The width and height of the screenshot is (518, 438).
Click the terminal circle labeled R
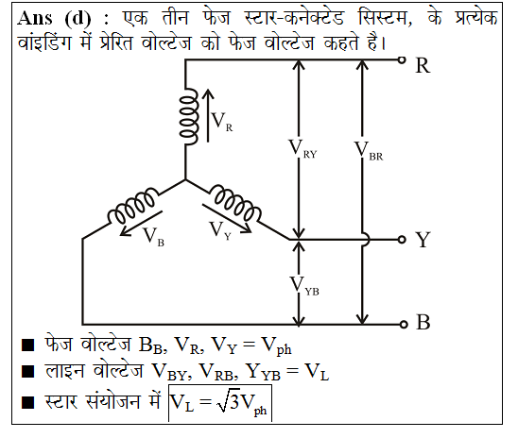click(x=402, y=60)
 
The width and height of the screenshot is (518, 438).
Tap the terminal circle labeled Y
click(x=402, y=240)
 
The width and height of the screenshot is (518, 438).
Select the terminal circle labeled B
click(x=403, y=324)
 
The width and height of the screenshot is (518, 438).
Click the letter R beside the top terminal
click(x=423, y=65)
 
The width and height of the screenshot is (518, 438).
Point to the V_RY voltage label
click(x=302, y=149)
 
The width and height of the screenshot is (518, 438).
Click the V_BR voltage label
click(x=369, y=151)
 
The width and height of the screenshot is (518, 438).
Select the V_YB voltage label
click(x=304, y=286)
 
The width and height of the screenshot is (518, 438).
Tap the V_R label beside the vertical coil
click(x=222, y=122)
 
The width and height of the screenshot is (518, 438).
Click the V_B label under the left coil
click(x=153, y=237)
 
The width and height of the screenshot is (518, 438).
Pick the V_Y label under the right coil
click(x=220, y=231)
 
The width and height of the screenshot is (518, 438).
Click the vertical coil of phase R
click(x=189, y=116)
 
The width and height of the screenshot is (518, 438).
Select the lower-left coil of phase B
click(x=132, y=205)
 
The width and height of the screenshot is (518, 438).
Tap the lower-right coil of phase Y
click(x=235, y=204)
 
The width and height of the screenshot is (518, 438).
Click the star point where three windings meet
click(x=185, y=180)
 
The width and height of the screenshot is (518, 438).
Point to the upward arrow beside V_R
click(x=208, y=115)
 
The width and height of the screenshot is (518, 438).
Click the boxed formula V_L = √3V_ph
click(x=220, y=403)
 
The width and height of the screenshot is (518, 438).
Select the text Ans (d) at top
click(x=54, y=18)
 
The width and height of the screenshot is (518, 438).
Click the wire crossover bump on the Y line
click(x=366, y=239)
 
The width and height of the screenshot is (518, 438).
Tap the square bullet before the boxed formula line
click(x=27, y=403)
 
